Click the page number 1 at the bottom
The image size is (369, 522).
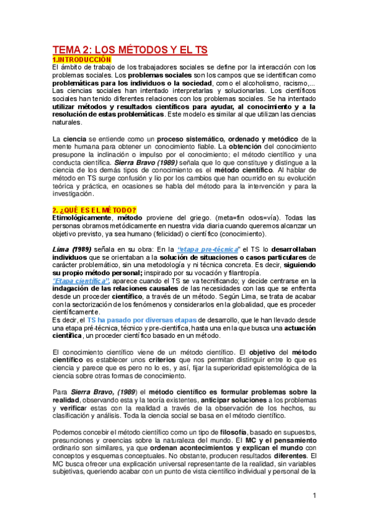(314, 496)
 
